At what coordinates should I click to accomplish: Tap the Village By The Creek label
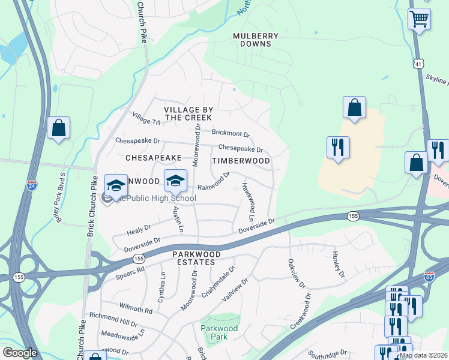tap(188, 113)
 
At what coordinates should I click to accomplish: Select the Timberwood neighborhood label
tap(241, 161)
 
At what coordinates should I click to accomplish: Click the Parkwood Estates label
tap(193, 259)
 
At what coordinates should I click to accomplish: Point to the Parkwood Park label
tap(219, 332)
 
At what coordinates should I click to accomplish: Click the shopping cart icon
tap(419, 19)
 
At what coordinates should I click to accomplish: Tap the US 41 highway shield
tap(418, 63)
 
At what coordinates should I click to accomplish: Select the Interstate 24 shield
tap(31, 186)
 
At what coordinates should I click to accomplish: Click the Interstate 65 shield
tap(445, 277)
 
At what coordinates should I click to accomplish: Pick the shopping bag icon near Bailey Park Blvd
tap(58, 128)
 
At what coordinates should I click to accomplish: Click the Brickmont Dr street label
tap(231, 133)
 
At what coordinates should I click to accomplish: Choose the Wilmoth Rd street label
tap(136, 308)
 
